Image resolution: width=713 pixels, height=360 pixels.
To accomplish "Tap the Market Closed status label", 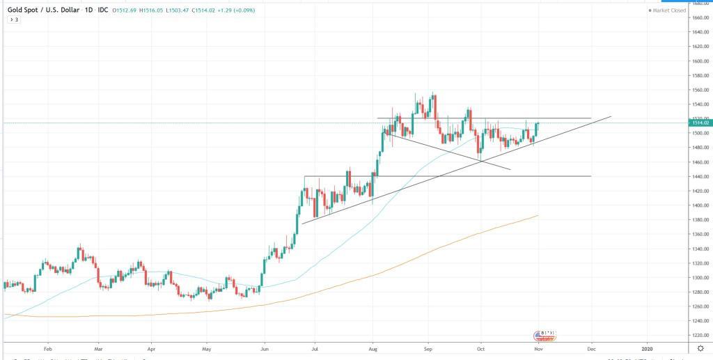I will click(668, 10).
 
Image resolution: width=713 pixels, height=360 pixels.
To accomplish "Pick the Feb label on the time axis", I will click(47, 347).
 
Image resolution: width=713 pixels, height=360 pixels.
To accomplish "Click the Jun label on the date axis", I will click(265, 347).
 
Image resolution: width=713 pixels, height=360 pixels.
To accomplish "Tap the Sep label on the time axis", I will click(429, 347).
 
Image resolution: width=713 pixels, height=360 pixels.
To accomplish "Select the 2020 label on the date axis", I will click(648, 347).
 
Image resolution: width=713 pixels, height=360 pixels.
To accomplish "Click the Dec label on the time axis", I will click(591, 347).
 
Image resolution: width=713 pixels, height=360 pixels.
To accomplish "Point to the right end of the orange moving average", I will click(539, 216).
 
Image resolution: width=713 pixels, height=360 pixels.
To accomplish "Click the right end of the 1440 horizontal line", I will click(591, 176).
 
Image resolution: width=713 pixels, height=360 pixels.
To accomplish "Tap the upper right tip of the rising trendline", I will click(611, 116).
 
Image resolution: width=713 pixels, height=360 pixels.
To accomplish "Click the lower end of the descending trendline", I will click(510, 169).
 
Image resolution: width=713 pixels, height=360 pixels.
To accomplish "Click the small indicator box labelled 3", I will click(14, 19).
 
